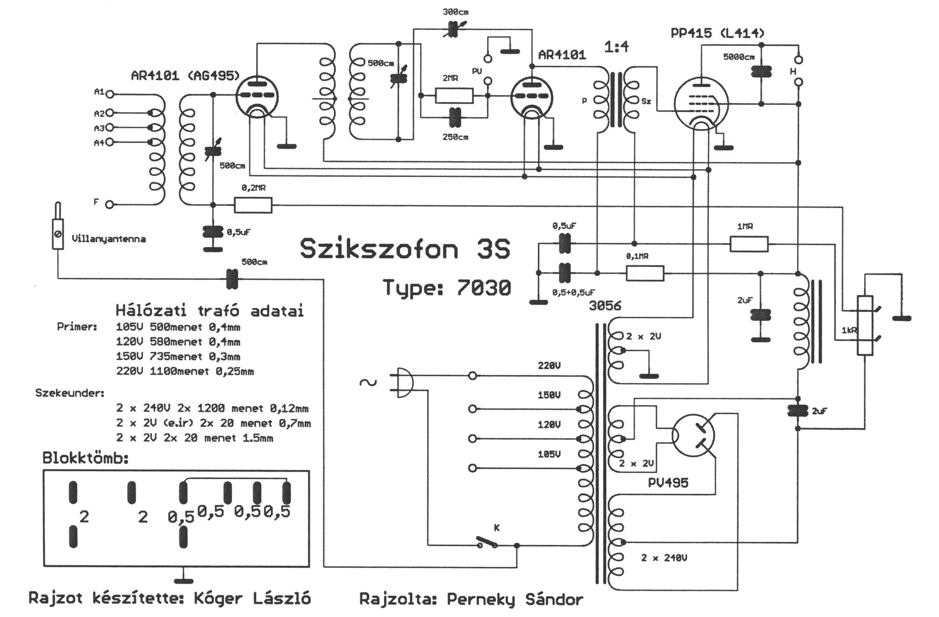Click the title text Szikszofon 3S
405,250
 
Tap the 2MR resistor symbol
454,96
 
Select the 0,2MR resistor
253,205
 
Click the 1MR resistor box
749,244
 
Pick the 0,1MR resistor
645,273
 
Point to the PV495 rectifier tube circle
693,435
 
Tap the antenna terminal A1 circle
110,94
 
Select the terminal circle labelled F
110,205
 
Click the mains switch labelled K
487,543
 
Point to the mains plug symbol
403,383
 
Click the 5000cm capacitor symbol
761,72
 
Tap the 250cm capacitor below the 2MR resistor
455,117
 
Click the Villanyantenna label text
109,239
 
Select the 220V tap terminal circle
473,375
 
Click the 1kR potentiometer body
865,325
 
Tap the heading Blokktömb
86,458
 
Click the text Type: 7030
447,288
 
